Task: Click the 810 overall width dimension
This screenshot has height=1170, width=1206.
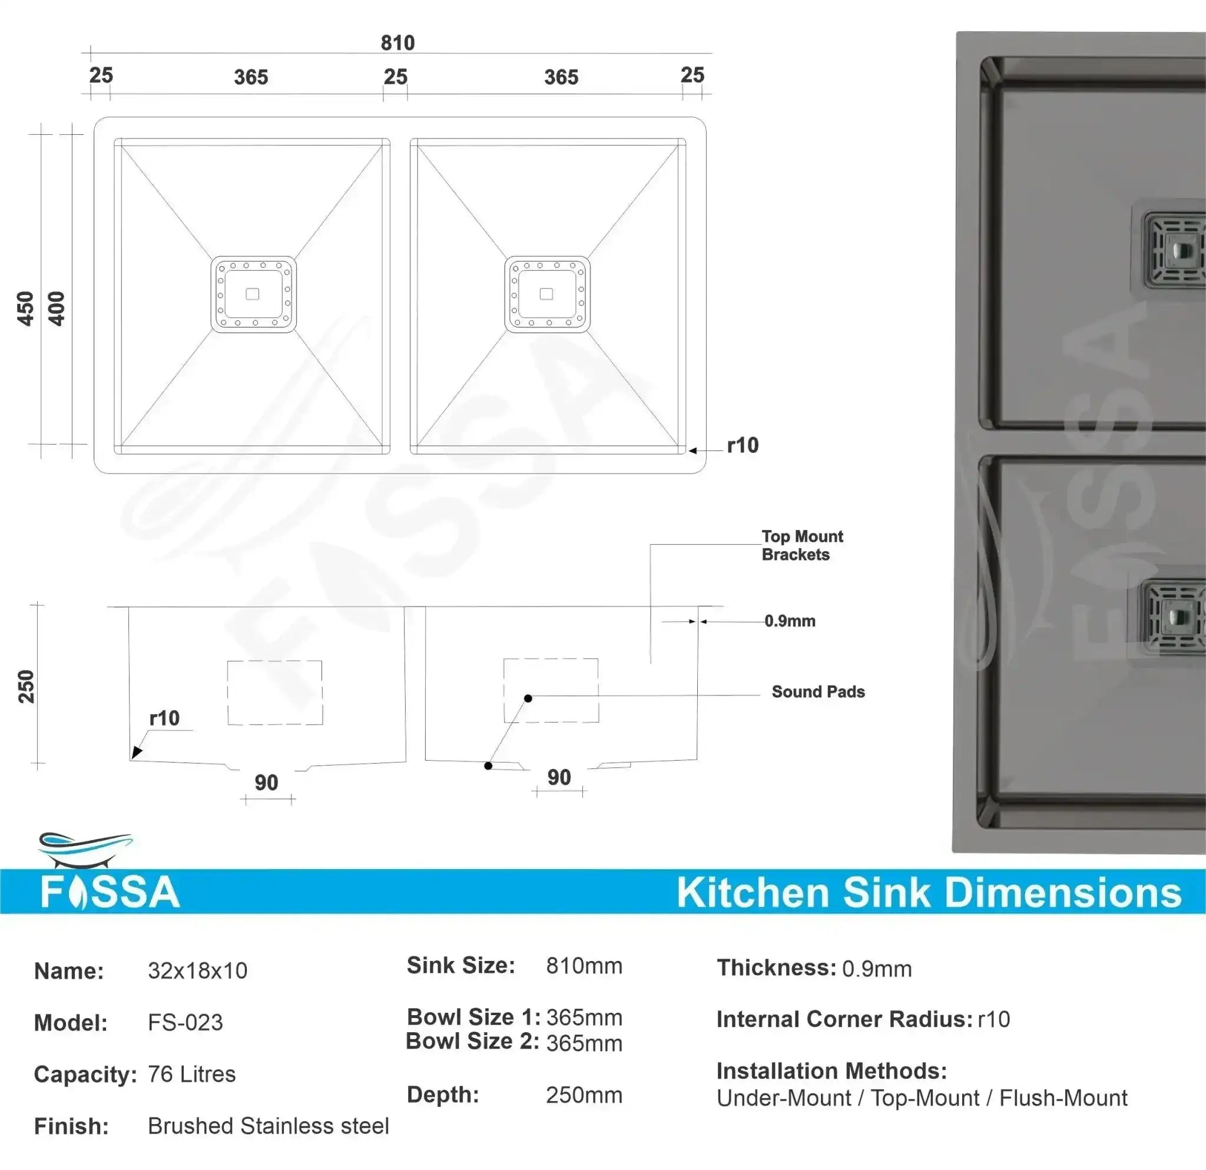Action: coord(397,43)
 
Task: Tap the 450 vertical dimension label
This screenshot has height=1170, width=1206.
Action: coord(25,308)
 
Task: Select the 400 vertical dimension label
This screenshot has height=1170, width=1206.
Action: coord(56,308)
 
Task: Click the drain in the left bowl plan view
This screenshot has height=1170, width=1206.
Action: coord(253,294)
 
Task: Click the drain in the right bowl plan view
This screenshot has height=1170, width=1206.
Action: coord(546,294)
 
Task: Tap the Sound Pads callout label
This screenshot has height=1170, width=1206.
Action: coord(818,691)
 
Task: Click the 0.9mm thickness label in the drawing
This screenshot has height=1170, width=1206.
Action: coord(790,621)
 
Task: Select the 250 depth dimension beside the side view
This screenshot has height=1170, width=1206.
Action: coord(26,686)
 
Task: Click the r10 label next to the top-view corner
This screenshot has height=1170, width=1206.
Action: coord(743,445)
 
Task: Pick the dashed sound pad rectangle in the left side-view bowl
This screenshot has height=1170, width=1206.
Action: coord(275,692)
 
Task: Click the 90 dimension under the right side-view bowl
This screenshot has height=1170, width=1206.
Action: coord(559,777)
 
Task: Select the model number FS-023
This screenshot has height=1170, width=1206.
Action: coord(185,1022)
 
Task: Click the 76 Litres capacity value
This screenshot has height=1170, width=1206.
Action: coord(191,1074)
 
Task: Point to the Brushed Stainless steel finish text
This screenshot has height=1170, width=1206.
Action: coord(269,1126)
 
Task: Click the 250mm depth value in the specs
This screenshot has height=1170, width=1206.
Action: coord(584,1095)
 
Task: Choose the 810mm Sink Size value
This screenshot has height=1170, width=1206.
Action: coord(584,966)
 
